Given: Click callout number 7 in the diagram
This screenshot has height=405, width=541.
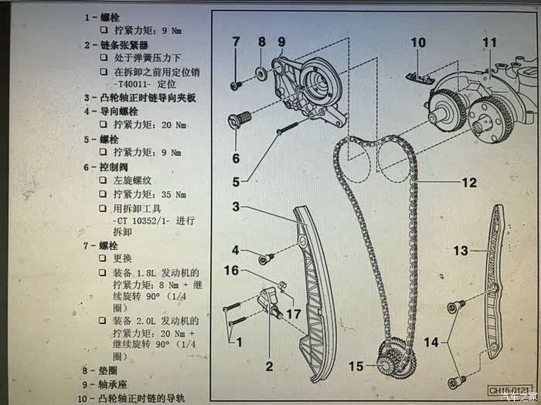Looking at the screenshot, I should point(236,41).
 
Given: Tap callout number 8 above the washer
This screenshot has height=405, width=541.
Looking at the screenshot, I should point(261,41).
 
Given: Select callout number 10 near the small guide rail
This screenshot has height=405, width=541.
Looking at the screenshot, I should point(417,42).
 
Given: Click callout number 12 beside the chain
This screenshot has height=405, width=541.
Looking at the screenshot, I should point(469,183).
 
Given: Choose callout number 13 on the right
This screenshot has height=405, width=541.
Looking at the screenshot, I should point(461,251).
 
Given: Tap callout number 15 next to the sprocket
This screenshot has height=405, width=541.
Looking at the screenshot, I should point(355,365).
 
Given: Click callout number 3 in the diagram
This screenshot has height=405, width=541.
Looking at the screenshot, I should point(236,206).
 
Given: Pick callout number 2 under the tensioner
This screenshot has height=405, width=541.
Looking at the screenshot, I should point(269,366).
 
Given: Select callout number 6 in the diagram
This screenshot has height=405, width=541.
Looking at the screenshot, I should point(236,158).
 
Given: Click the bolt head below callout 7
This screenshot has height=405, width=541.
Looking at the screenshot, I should point(234,83).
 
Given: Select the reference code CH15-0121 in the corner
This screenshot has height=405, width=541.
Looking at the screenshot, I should point(510,389).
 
